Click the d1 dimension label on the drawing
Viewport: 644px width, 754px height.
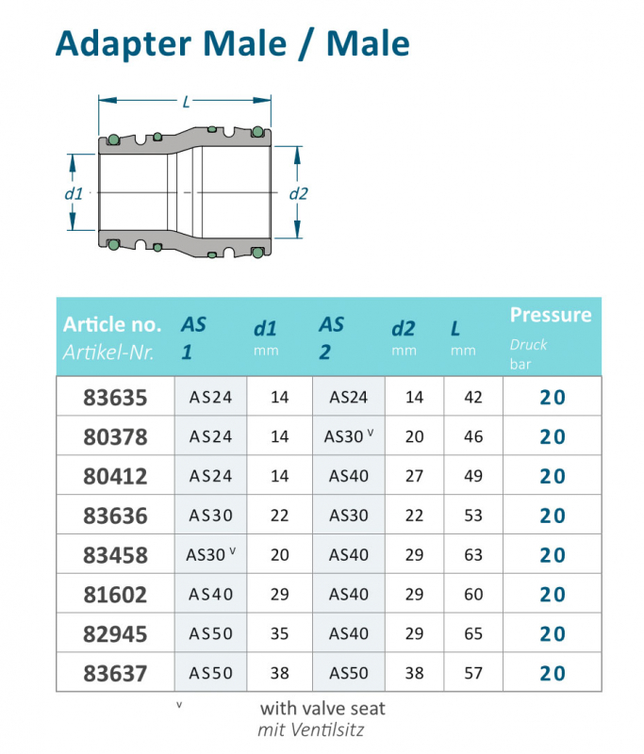point(74,193)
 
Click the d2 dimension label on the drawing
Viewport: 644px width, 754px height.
point(299,193)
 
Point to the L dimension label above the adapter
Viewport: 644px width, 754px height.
point(186,101)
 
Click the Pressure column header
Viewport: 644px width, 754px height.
point(551,315)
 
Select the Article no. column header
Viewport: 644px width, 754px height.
point(112,325)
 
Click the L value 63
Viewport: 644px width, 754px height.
point(473,555)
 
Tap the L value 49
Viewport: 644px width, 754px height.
point(473,476)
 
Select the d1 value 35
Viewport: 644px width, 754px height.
point(279,634)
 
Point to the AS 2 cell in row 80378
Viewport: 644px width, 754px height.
point(349,436)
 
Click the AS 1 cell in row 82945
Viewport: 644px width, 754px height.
point(210,634)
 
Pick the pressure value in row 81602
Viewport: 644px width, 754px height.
point(553,595)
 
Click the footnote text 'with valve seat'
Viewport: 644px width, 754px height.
point(322,708)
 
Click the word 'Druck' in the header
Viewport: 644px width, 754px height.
point(528,344)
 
